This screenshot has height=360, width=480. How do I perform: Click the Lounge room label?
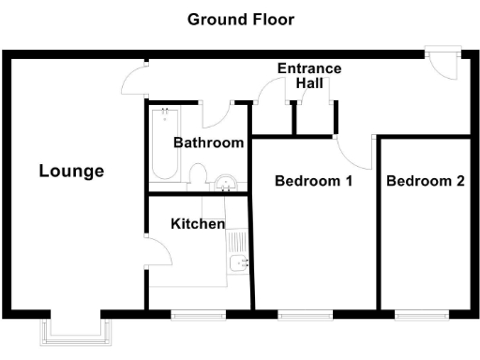tap(71, 172)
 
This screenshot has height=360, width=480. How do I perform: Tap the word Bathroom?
tap(209, 143)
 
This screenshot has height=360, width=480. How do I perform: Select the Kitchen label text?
tap(197, 224)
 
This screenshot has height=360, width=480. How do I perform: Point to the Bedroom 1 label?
tap(313, 181)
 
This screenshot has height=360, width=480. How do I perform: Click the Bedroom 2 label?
tap(426, 181)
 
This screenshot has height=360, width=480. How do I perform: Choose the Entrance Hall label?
tap(309, 76)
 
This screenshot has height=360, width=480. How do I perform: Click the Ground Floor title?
tap(239, 19)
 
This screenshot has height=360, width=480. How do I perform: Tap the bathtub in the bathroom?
tap(165, 146)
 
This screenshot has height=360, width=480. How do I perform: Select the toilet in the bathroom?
tap(198, 176)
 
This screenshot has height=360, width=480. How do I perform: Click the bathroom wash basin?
tap(225, 182)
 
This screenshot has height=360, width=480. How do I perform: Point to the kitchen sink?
tap(239, 262)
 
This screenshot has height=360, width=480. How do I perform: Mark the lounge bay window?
tap(76, 329)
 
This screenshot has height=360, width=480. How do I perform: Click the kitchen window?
tap(200, 315)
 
